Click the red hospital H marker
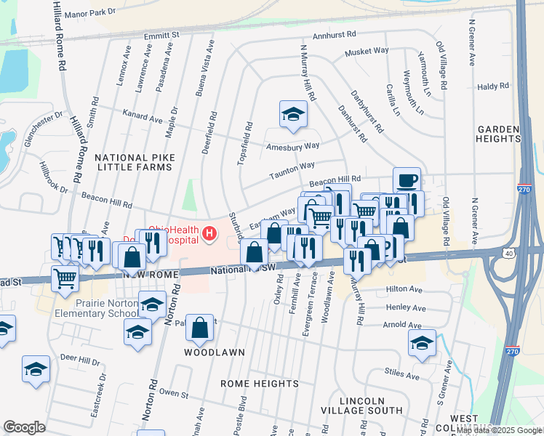(209, 233)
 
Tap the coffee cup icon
(407, 179)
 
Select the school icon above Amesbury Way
(292, 114)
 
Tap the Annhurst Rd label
(335, 34)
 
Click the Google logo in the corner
(24, 427)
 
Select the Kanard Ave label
(143, 116)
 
